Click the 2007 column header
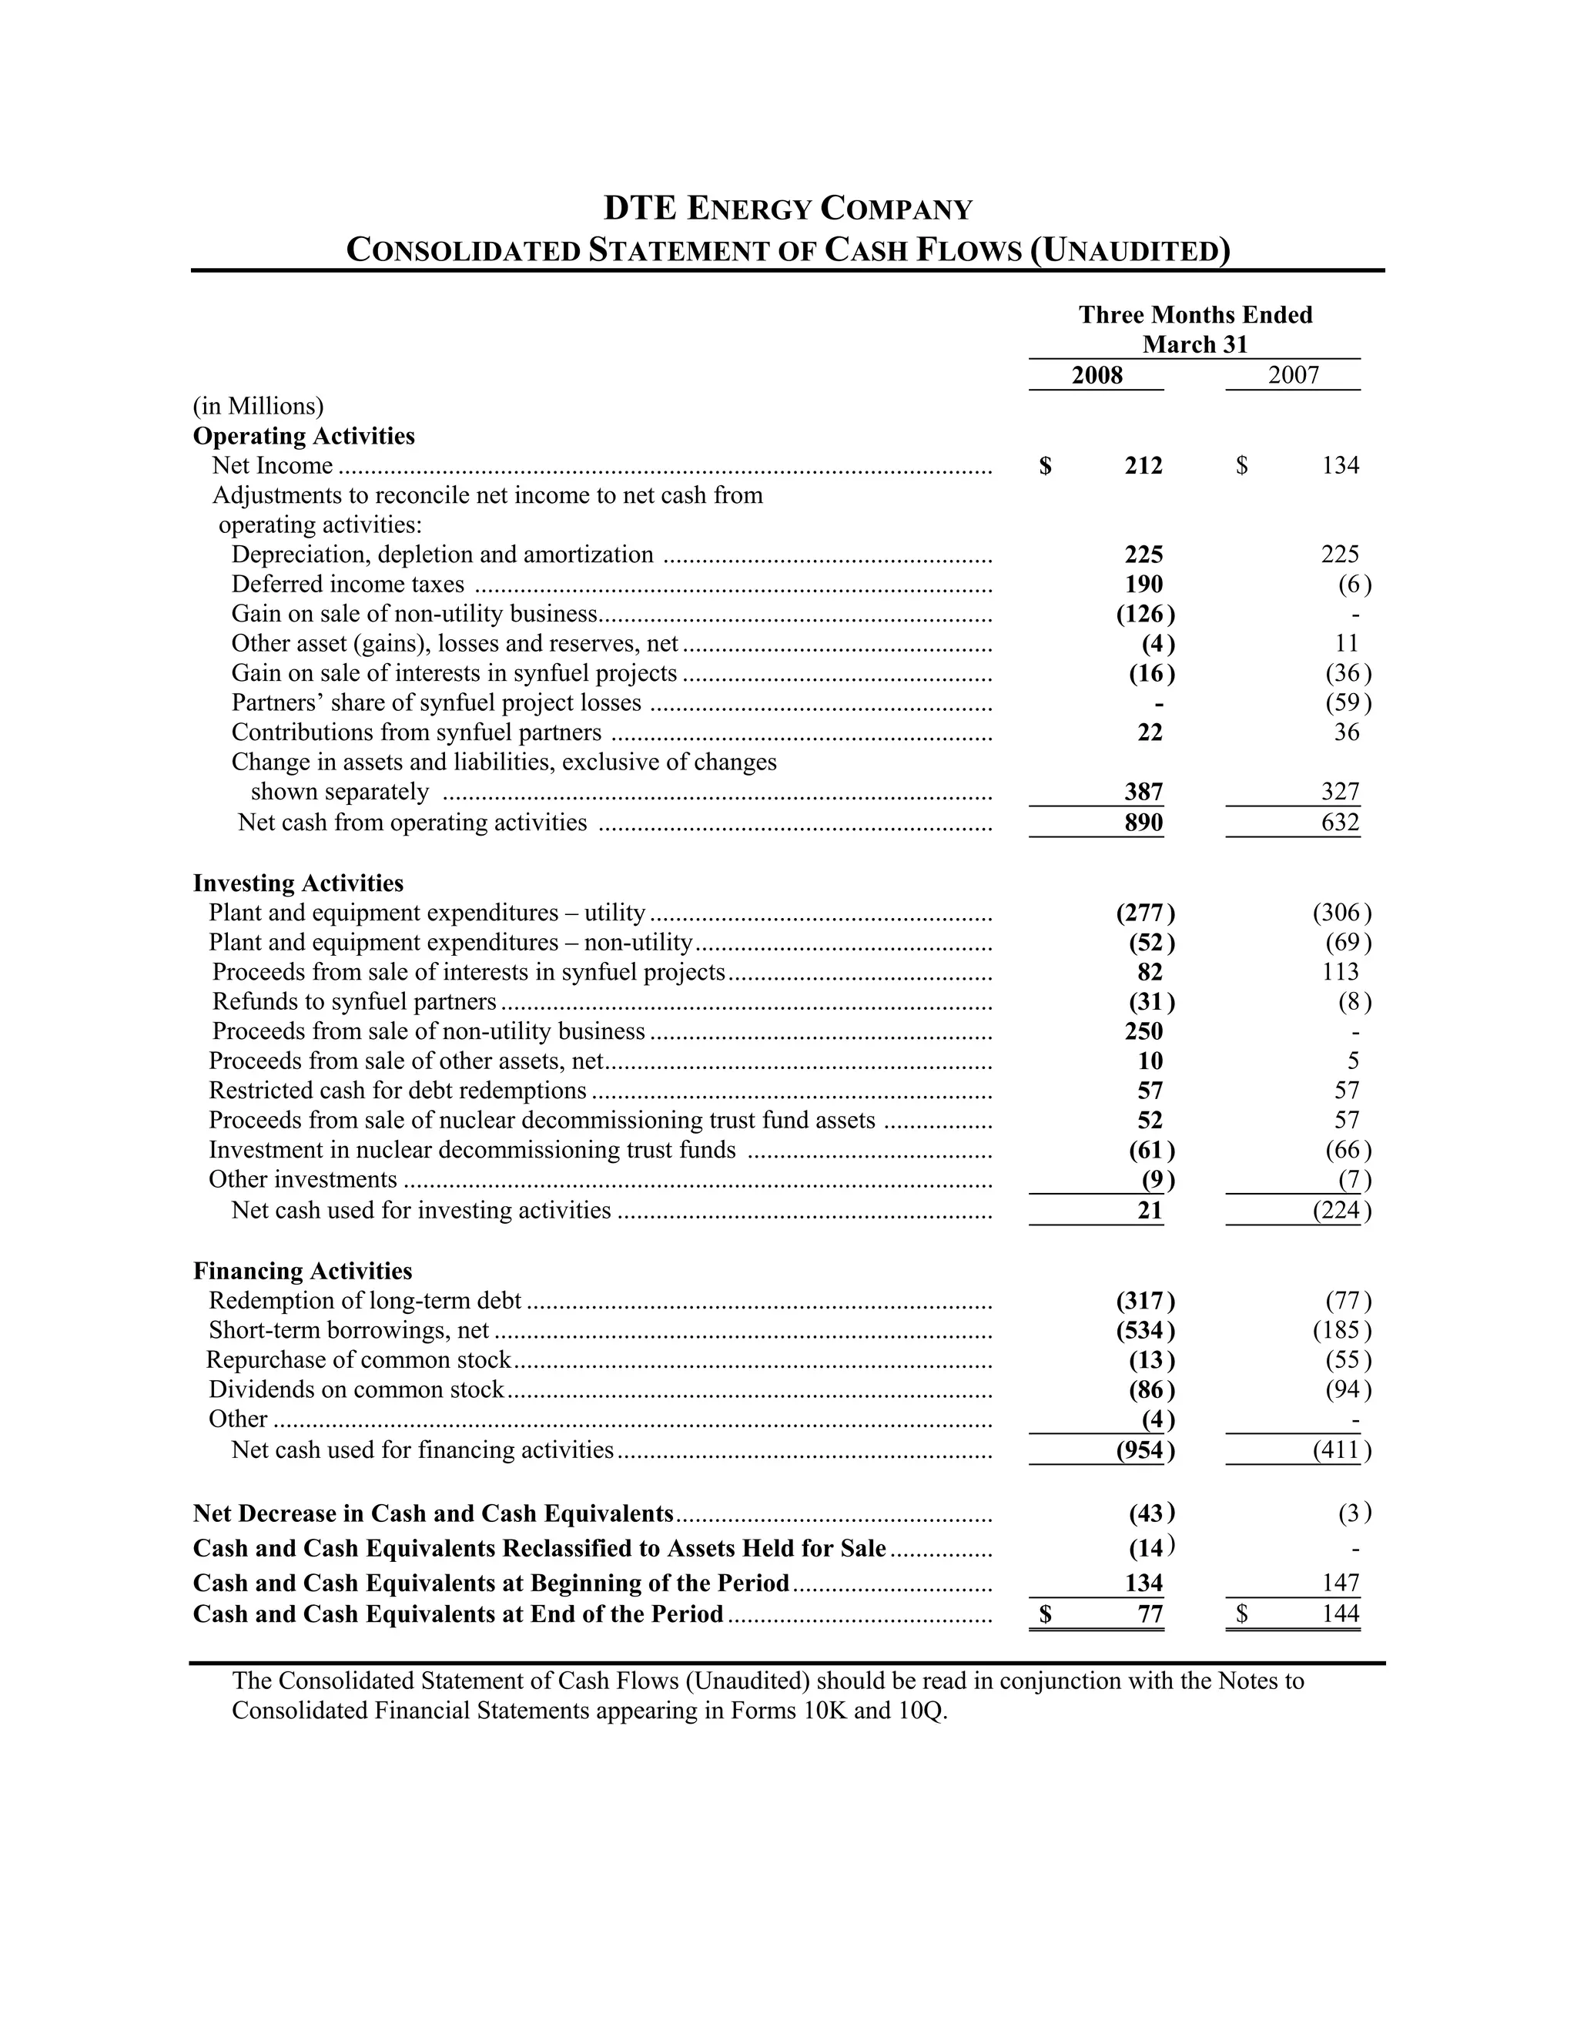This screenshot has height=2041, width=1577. pos(1293,376)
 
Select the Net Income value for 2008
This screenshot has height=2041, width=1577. pos(1143,465)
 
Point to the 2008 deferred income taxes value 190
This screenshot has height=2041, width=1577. pos(1143,584)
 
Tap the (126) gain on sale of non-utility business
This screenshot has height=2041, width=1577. pos(1145,614)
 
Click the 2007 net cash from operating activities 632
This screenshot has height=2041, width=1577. pos(1340,823)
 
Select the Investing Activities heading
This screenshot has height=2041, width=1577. pos(298,883)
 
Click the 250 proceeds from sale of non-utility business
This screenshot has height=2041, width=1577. pos(1143,1031)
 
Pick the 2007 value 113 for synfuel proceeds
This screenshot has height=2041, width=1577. pos(1340,972)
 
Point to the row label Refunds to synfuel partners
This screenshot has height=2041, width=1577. pos(354,1002)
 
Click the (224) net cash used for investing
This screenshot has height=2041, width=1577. pos(1341,1210)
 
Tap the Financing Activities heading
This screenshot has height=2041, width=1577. pos(303,1271)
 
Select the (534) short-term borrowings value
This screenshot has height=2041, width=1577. pos(1145,1330)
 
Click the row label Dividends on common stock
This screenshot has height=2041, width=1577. pos(356,1389)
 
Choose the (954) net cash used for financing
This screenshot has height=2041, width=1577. pos(1145,1449)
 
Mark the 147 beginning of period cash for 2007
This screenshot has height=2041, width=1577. pos(1340,1583)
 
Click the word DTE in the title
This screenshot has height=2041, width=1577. pos(640,207)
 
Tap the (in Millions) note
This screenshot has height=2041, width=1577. pos(258,406)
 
